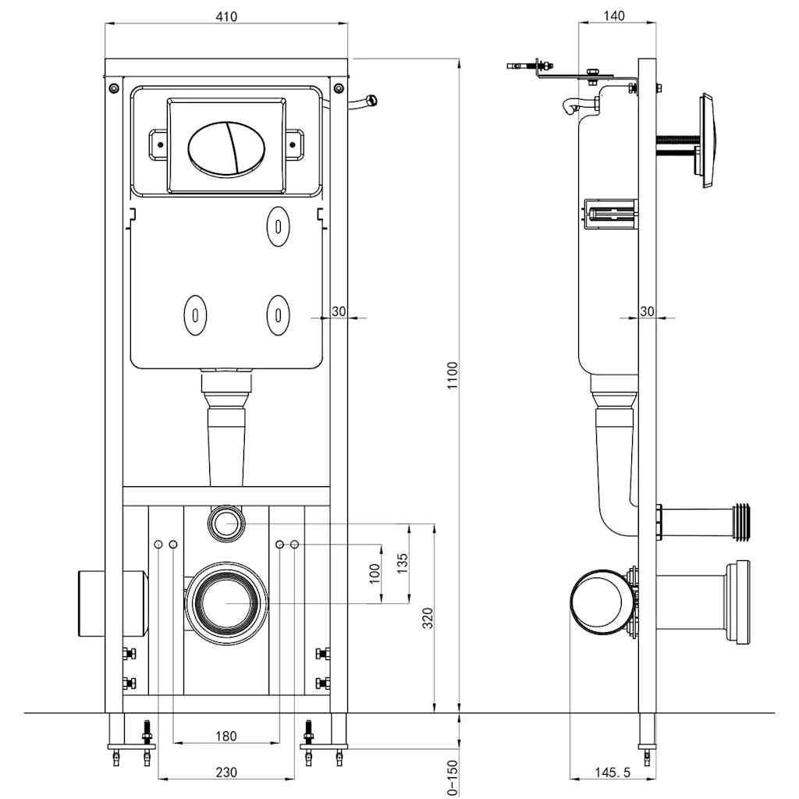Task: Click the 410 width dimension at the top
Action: (x=226, y=16)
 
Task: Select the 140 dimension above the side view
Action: (x=614, y=16)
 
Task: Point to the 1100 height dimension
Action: (x=452, y=377)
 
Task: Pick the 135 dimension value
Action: (x=402, y=563)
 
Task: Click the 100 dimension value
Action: (x=375, y=574)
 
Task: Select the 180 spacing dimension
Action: (x=225, y=736)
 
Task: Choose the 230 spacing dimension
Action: (x=225, y=772)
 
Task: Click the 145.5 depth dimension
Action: (x=612, y=772)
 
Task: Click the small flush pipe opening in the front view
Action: (x=226, y=522)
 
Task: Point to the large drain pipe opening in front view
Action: (x=226, y=602)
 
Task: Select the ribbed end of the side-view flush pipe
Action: (x=744, y=520)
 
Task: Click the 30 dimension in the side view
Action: (x=647, y=311)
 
